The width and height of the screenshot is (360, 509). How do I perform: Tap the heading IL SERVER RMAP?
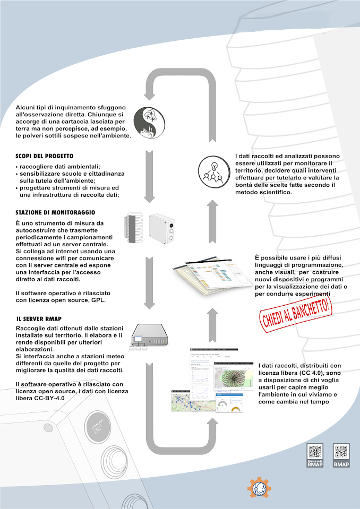point(39,319)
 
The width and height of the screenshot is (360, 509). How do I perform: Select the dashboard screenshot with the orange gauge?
point(229,404)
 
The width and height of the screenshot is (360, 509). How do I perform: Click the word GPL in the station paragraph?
point(98,300)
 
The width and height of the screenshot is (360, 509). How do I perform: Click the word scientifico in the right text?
point(273,192)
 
